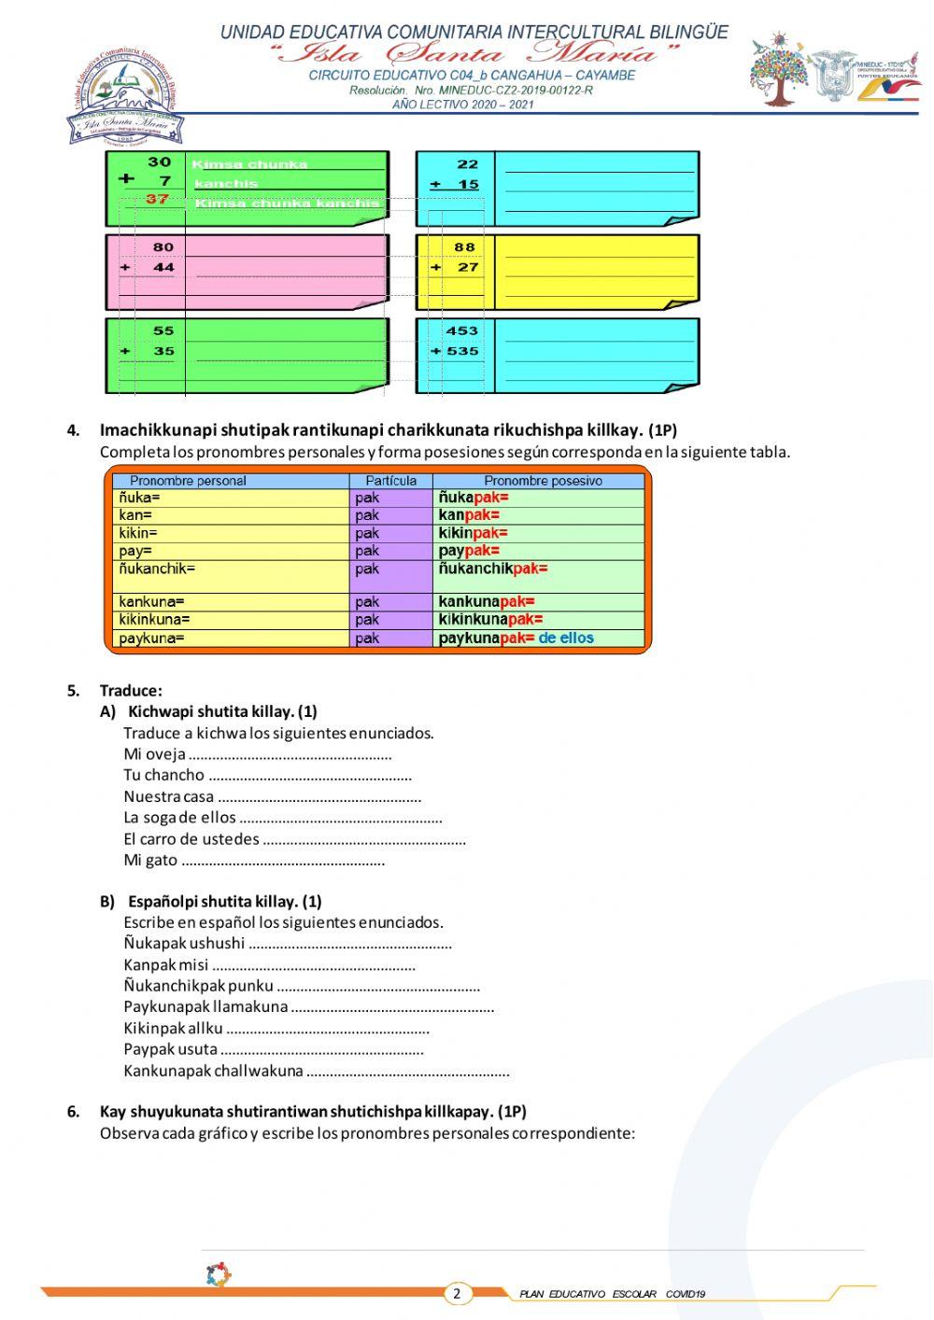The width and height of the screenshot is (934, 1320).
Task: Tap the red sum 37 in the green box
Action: tap(157, 199)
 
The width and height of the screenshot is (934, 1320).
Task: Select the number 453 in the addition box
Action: tap(461, 330)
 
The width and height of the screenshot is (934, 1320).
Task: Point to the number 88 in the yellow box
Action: tap(464, 247)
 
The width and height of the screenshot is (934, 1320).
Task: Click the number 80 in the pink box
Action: tap(163, 247)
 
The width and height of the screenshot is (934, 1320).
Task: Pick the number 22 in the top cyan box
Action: tap(467, 164)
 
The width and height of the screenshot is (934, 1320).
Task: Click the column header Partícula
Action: tap(390, 481)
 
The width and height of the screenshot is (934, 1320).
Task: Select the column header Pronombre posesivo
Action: tap(543, 481)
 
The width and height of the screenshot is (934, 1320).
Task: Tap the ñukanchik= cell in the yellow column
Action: tap(157, 569)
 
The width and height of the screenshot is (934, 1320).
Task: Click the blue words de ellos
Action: tap(566, 639)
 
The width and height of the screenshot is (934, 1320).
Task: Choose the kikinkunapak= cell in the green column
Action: tap(490, 620)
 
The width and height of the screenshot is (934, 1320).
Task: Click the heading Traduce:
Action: tap(131, 691)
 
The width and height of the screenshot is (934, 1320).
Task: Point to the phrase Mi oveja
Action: tap(154, 754)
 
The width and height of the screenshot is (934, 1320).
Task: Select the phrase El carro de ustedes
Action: tap(191, 839)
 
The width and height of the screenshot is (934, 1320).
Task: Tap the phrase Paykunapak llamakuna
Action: tap(205, 1006)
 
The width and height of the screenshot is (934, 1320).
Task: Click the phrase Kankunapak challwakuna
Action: tap(213, 1071)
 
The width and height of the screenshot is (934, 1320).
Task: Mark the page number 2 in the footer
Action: tap(457, 1293)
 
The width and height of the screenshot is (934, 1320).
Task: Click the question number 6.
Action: tap(73, 1112)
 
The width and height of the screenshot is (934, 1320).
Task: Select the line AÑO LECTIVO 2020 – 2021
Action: tap(463, 105)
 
